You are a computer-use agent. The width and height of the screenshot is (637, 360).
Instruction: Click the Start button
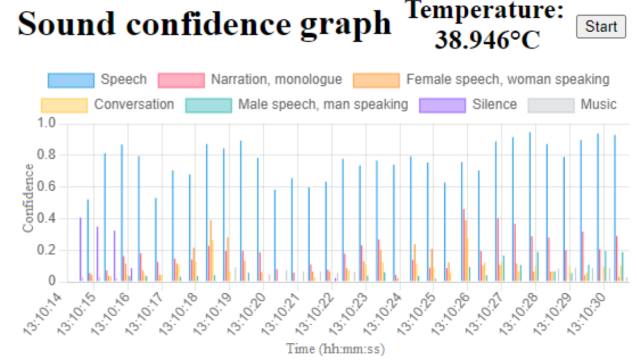(601, 27)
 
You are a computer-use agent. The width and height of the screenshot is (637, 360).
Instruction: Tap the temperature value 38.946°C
(487, 40)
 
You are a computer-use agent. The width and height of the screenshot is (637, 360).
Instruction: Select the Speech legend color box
(70, 80)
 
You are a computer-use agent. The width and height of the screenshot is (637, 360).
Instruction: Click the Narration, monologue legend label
(276, 80)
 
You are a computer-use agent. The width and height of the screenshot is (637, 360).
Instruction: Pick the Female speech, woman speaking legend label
(508, 80)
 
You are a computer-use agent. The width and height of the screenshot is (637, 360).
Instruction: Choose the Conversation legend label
(134, 104)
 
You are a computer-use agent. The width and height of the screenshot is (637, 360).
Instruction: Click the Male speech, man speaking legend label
(323, 104)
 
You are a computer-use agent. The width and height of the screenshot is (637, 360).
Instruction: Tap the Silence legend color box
(442, 105)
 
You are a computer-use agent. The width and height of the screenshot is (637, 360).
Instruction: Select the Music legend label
(599, 104)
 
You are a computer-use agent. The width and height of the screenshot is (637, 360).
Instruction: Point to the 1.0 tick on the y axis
(48, 123)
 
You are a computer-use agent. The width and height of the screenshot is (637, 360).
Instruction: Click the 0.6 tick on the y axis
(48, 187)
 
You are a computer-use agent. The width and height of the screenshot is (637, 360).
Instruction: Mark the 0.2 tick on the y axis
(48, 250)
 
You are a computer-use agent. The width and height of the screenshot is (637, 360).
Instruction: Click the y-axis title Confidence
(28, 198)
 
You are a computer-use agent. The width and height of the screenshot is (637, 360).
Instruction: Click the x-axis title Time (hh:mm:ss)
(335, 349)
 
